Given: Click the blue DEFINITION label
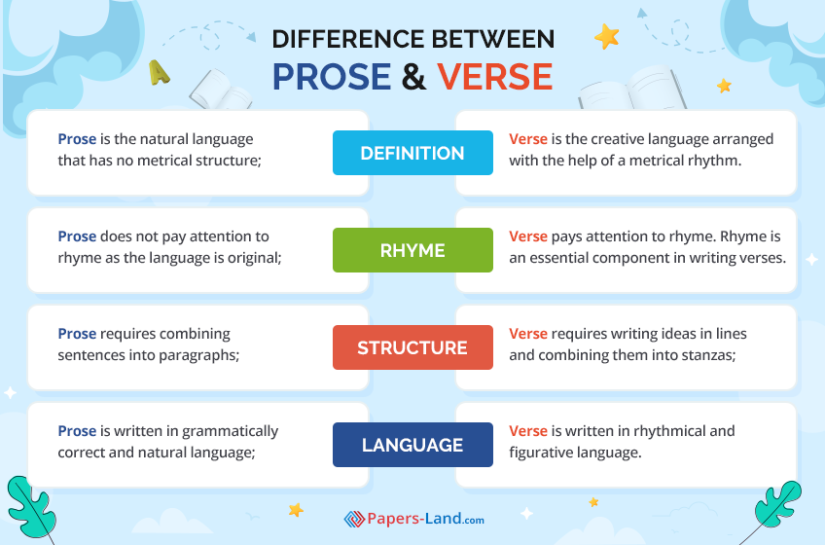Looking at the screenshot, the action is click(x=412, y=153).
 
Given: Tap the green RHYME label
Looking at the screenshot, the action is click(x=412, y=250).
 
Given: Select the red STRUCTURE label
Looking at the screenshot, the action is click(x=412, y=347).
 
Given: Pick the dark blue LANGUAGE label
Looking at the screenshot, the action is click(x=412, y=445).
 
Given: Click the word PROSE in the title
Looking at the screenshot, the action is click(x=332, y=77).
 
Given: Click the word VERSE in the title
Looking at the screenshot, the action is click(x=494, y=77).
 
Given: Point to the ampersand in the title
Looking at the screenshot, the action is click(x=413, y=77).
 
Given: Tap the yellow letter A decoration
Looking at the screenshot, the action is click(x=159, y=73).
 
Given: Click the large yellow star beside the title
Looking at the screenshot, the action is click(x=607, y=37).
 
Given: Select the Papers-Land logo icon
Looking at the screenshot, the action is click(x=354, y=519).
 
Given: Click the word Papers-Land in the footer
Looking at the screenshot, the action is click(x=414, y=519).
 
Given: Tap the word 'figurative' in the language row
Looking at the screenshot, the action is click(x=544, y=453).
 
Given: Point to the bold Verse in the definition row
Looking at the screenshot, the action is click(x=528, y=139).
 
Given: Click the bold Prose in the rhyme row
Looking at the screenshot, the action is click(x=77, y=236).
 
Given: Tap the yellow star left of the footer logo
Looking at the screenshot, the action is click(x=296, y=509).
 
